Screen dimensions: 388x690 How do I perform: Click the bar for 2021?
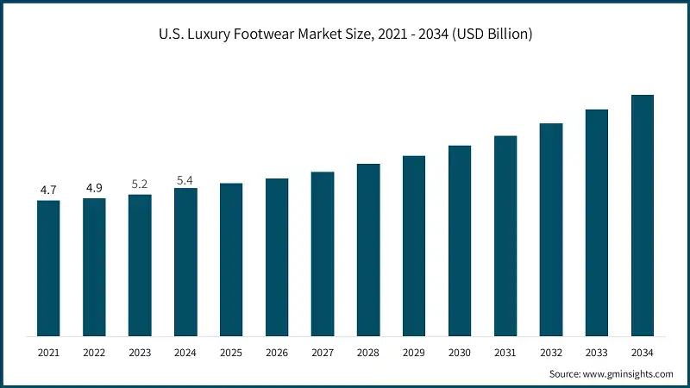(48, 268)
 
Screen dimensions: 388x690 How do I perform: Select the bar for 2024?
(185, 262)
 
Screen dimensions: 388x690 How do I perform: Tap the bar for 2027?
(323, 253)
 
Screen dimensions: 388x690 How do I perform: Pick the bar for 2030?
(460, 241)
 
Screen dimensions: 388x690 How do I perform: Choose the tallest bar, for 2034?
(643, 216)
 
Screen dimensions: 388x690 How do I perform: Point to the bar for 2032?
(551, 229)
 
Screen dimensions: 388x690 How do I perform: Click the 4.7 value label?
(48, 189)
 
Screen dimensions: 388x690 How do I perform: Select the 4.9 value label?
(94, 187)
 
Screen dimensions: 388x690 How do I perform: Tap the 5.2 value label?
(140, 184)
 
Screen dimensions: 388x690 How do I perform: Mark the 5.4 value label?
(185, 180)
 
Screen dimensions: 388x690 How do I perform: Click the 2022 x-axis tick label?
(94, 353)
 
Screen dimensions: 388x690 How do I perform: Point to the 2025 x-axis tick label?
(231, 353)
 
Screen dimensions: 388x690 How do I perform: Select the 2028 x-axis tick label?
(368, 353)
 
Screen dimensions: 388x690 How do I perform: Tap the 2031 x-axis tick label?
(505, 353)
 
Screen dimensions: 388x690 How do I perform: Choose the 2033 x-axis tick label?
(597, 353)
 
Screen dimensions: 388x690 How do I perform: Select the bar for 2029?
(414, 246)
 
